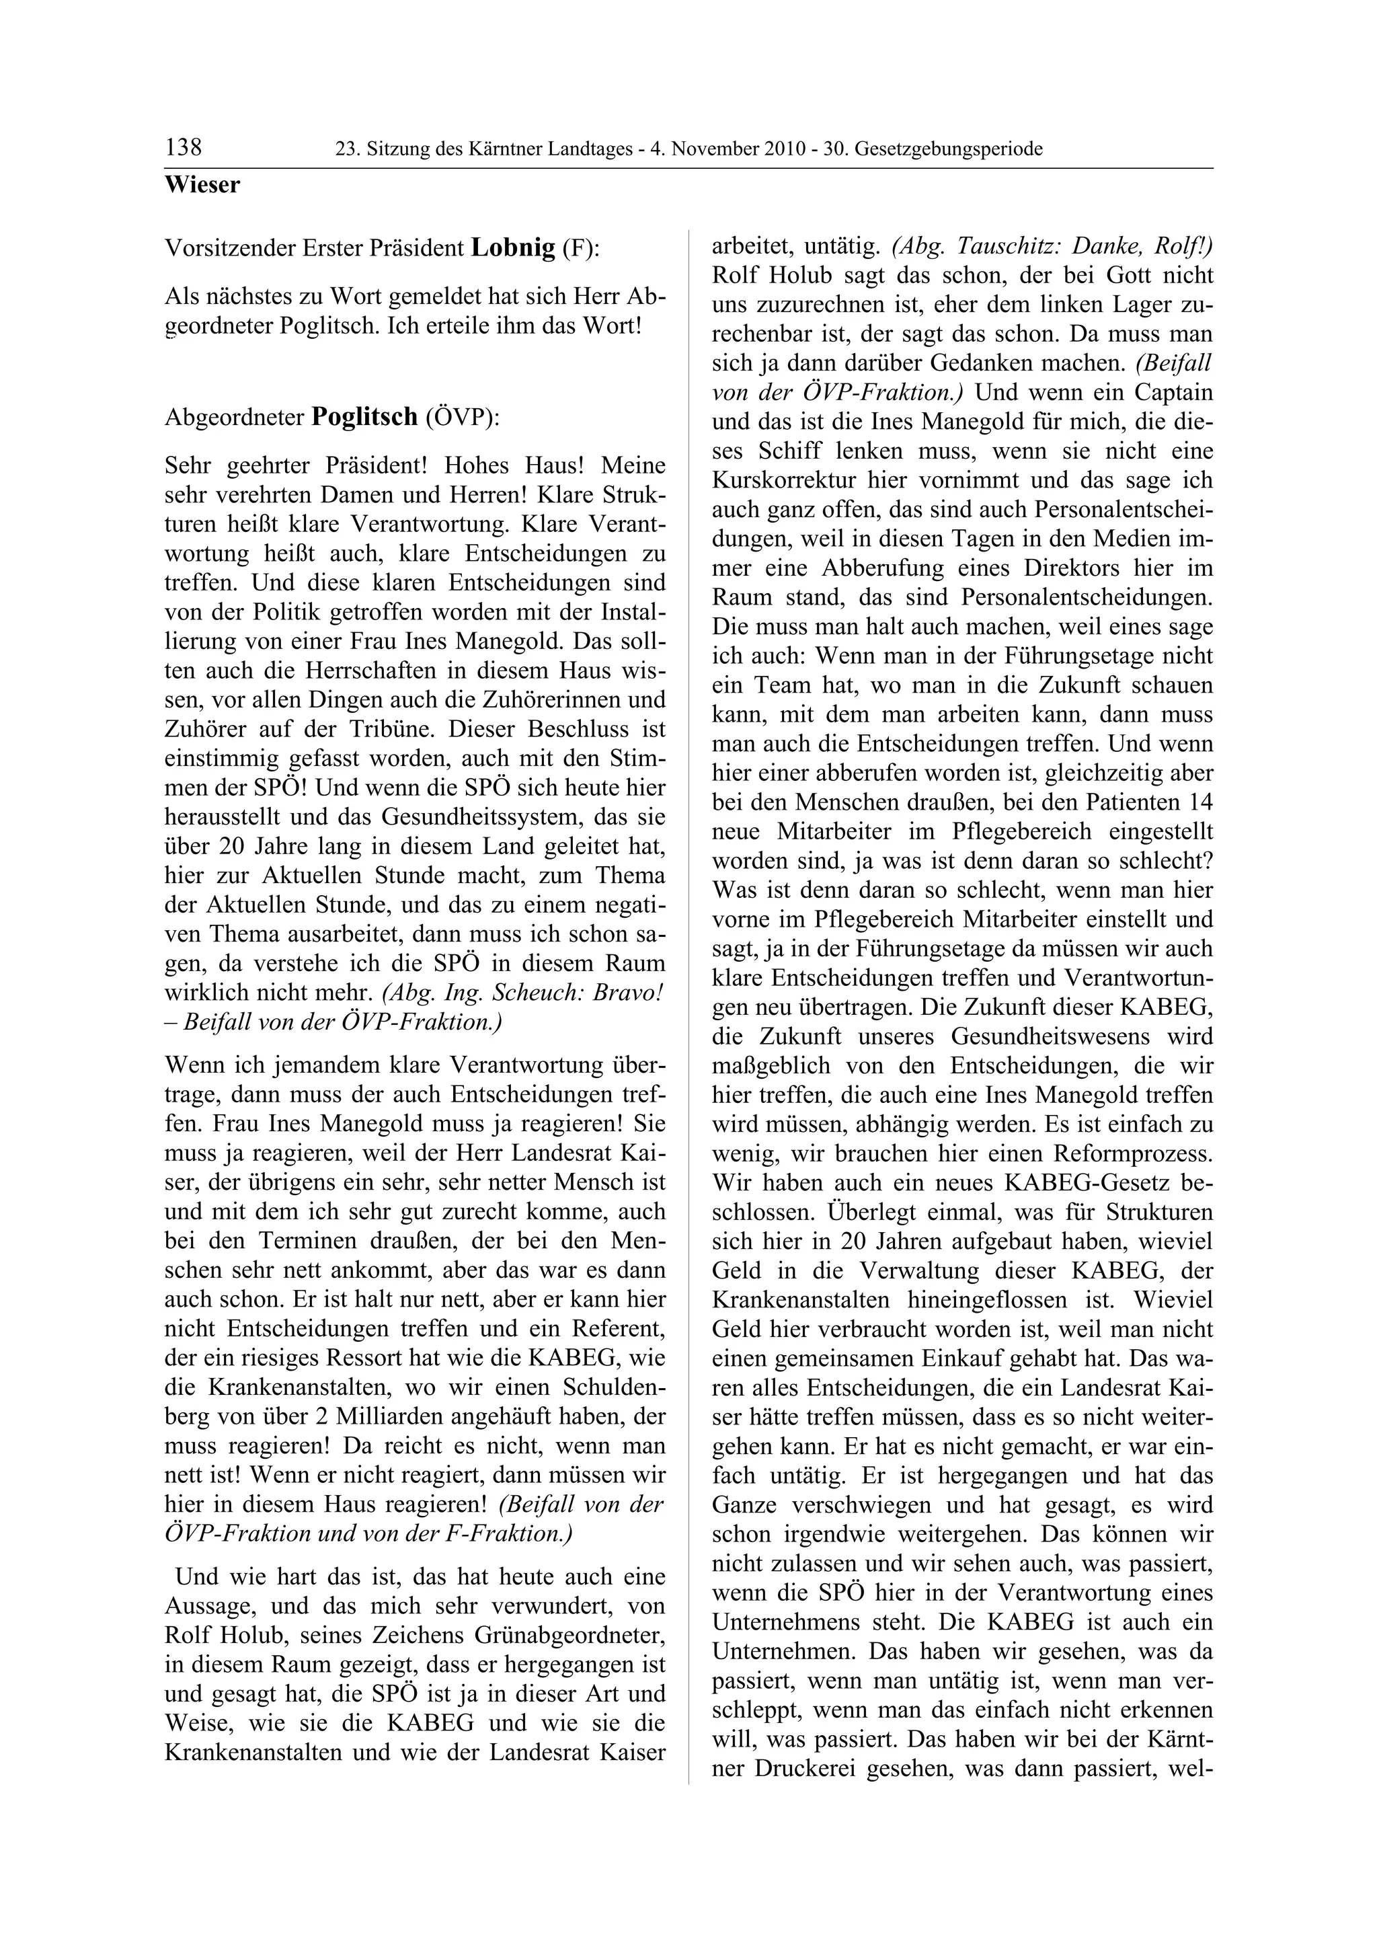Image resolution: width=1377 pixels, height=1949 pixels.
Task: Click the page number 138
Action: pyautogui.click(x=184, y=148)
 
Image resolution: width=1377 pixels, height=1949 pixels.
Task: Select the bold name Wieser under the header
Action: pyautogui.click(x=202, y=184)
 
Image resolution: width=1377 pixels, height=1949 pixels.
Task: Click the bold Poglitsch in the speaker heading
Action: pyautogui.click(x=365, y=417)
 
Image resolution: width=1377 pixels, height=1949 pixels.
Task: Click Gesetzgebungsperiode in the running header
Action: pyautogui.click(x=949, y=149)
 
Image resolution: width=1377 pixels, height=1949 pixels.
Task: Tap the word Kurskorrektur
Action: pyautogui.click(x=781, y=480)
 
